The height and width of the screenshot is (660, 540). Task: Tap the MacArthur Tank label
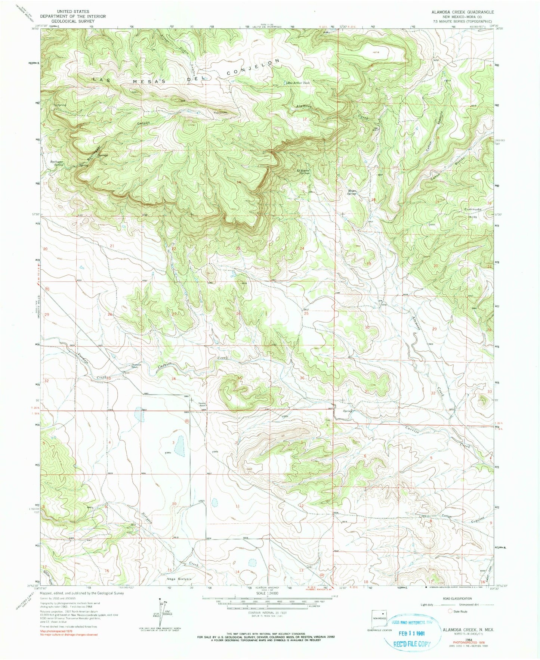[x=299, y=83]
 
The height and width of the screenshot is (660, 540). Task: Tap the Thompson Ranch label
[x=134, y=366]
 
